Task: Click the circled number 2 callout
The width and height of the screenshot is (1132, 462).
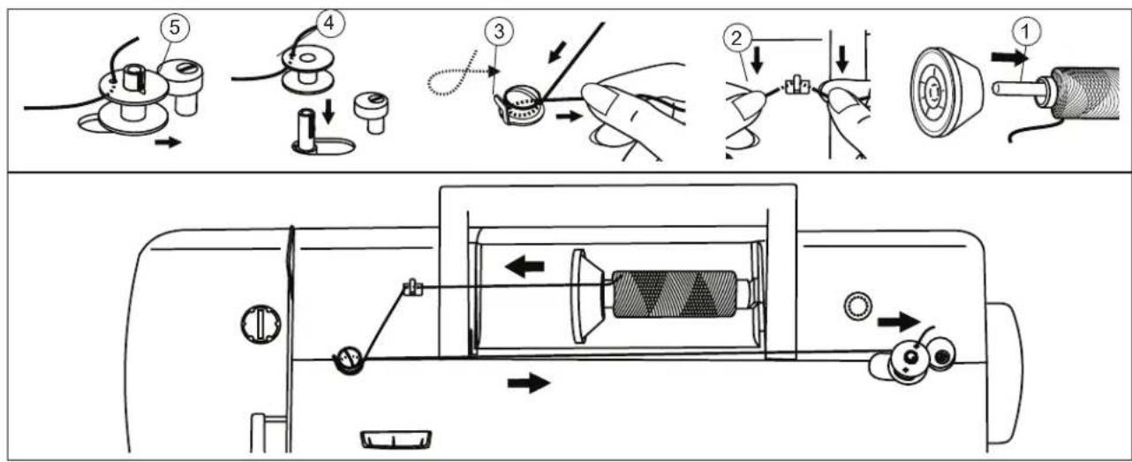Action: [737, 38]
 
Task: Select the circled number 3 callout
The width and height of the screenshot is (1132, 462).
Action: [499, 31]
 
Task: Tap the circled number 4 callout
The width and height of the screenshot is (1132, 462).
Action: [329, 23]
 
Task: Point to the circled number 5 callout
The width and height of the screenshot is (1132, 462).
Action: [174, 27]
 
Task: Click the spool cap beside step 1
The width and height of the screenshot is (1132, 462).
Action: [947, 93]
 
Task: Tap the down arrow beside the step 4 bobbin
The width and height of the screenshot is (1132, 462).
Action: [328, 111]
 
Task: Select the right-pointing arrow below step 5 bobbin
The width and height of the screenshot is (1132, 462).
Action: [168, 142]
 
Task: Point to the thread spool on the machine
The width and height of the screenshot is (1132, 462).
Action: [675, 294]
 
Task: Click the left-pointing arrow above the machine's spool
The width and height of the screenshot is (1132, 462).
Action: [524, 266]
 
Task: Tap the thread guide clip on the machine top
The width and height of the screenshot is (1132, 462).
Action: [413, 288]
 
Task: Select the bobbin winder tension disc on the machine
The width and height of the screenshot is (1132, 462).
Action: [348, 360]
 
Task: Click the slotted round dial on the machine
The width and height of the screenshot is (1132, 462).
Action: [260, 323]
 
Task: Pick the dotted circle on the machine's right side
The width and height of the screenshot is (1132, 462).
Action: [858, 306]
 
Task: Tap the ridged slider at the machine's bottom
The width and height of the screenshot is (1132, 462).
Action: [396, 439]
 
